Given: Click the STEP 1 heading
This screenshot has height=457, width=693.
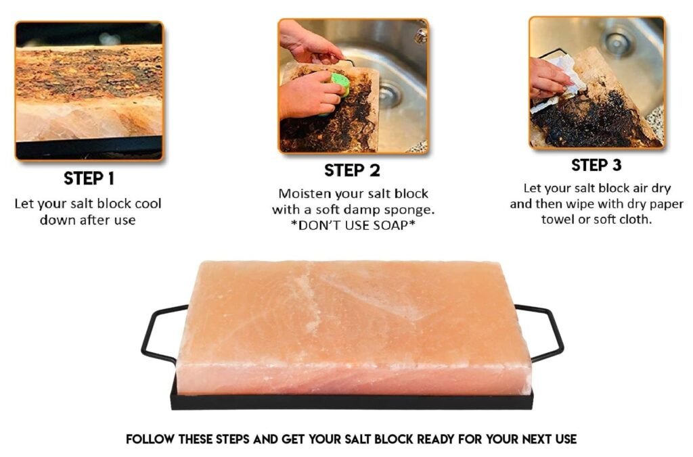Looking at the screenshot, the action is click(89, 178).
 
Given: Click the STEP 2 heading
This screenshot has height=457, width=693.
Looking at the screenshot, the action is click(352, 170).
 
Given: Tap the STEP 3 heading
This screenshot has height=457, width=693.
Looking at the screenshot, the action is click(596, 165).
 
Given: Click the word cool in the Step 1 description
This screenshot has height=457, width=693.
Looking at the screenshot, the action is click(147, 203).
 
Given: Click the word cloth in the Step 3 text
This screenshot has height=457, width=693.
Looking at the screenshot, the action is click(636, 220).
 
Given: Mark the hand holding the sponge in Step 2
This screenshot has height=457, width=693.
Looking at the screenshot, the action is click(305, 95).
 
